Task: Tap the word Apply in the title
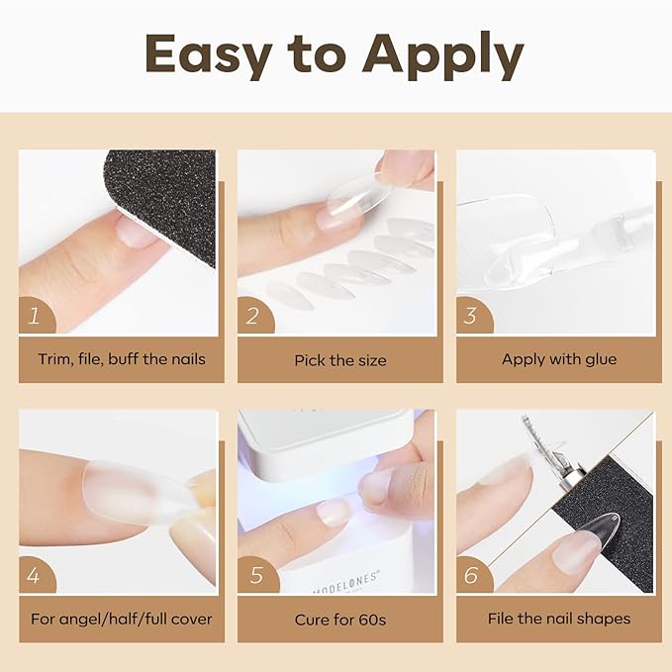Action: pyautogui.click(x=442, y=57)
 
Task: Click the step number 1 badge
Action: pyautogui.click(x=34, y=317)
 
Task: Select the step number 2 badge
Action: pyautogui.click(x=252, y=317)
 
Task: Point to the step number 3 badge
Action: pyautogui.click(x=470, y=317)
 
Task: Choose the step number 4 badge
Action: pyautogui.click(x=34, y=575)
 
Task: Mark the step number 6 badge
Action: pyautogui.click(x=470, y=575)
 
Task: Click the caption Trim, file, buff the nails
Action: pyautogui.click(x=122, y=359)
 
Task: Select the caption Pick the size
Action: pyautogui.click(x=339, y=360)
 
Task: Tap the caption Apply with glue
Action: pyautogui.click(x=558, y=359)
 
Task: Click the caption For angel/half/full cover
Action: pyautogui.click(x=122, y=620)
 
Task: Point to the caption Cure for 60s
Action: pyautogui.click(x=339, y=620)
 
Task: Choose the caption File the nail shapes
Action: pyautogui.click(x=558, y=620)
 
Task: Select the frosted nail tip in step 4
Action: pyautogui.click(x=129, y=495)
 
